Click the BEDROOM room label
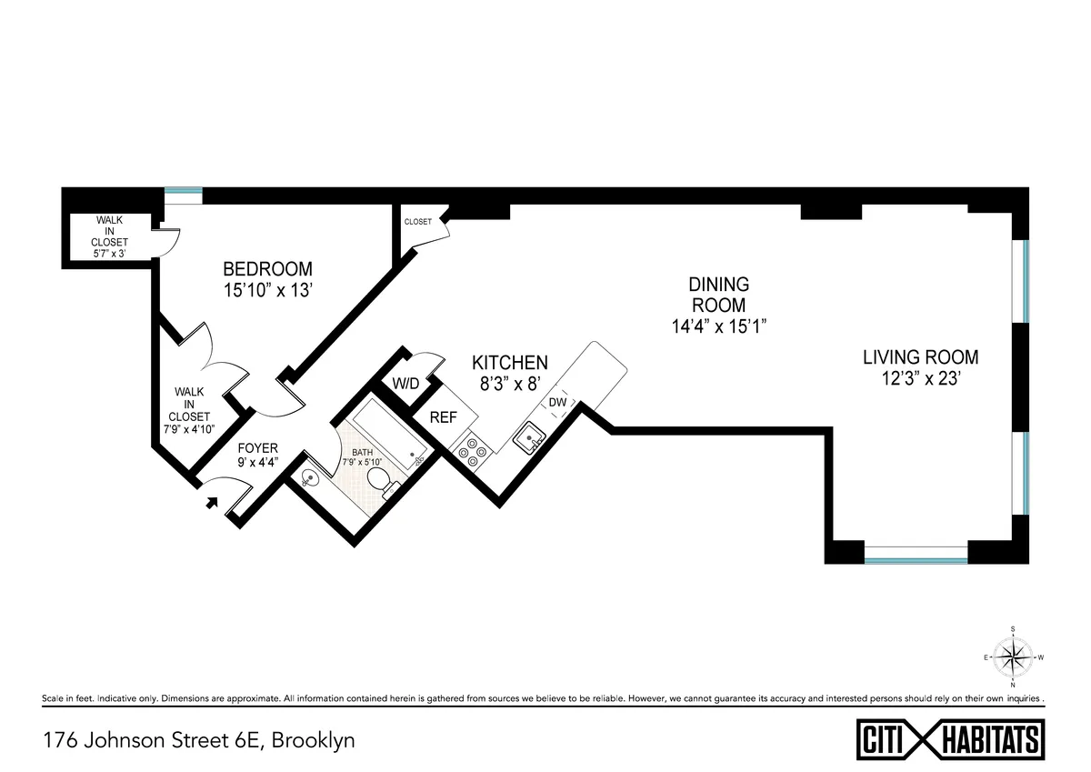click(267, 269)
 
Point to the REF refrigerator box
click(443, 418)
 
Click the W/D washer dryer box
click(405, 384)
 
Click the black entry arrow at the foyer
click(213, 499)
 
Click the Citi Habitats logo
click(951, 737)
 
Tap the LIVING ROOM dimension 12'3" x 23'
click(920, 380)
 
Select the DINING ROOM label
click(718, 295)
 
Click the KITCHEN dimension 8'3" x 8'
click(514, 383)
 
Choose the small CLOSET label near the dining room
click(418, 221)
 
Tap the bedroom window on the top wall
click(183, 192)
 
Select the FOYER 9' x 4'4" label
click(258, 455)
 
